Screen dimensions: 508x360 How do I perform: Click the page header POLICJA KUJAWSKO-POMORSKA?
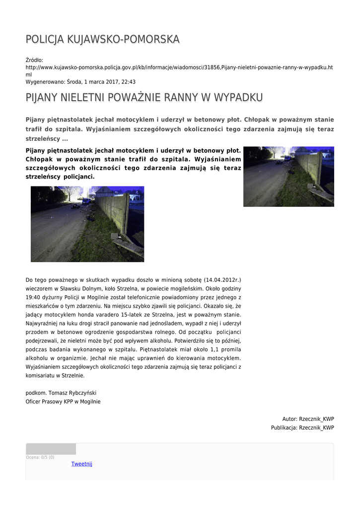[103, 39]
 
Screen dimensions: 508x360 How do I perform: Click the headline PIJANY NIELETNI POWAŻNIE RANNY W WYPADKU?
[144, 98]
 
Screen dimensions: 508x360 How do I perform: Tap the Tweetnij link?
[81, 464]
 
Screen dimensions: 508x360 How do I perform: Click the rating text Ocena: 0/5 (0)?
[40, 457]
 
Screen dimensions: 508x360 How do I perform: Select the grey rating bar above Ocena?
[51, 449]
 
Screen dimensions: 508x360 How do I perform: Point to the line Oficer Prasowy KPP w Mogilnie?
[63, 401]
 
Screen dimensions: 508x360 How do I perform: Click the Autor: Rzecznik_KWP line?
[308, 419]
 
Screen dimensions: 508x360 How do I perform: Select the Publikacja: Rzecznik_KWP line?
[302, 428]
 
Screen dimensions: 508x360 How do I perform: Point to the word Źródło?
[34, 60]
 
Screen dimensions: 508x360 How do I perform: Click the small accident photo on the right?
[288, 176]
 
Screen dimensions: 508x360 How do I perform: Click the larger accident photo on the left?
[87, 224]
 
